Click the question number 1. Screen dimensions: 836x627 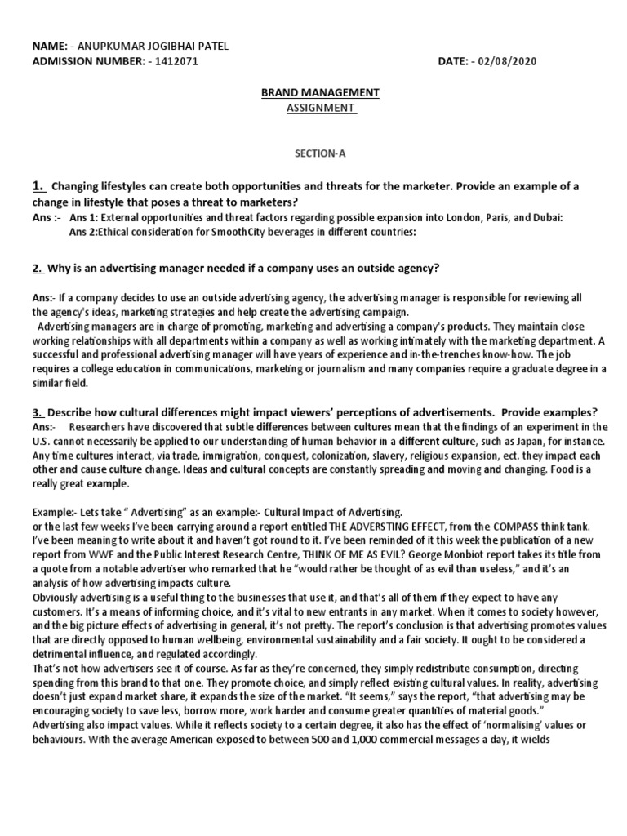coord(38,186)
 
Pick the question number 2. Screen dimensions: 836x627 coord(37,269)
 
